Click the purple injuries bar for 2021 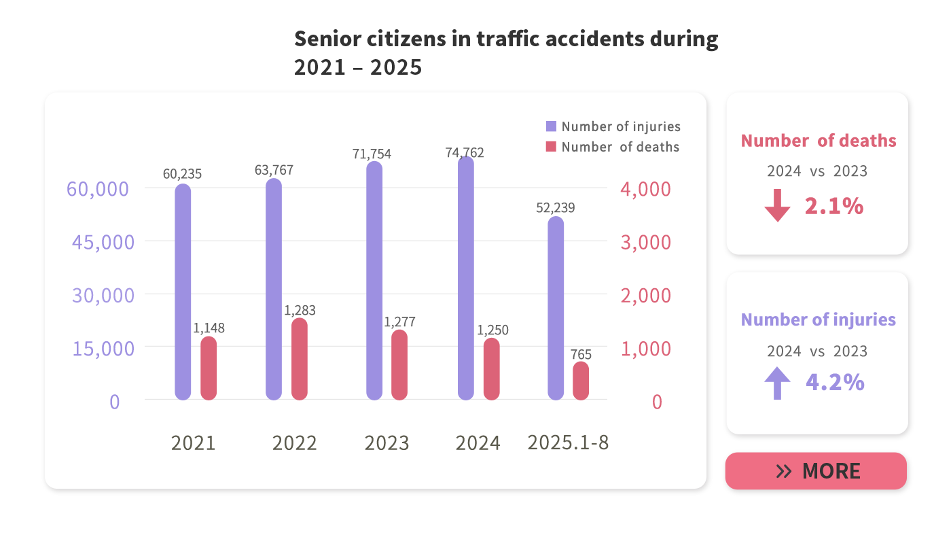[x=183, y=292]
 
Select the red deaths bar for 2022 [x=300, y=359]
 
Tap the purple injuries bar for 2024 [x=465, y=279]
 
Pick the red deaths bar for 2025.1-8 [x=581, y=381]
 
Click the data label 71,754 [x=372, y=154]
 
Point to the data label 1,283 [x=300, y=311]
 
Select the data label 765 [x=581, y=354]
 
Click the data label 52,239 [x=555, y=208]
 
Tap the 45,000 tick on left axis [x=103, y=242]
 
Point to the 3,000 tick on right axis [x=645, y=242]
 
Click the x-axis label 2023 [x=387, y=443]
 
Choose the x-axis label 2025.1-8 [x=568, y=443]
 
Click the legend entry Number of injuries [x=613, y=126]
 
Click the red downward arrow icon [x=777, y=206]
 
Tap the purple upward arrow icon [x=777, y=383]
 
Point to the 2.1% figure [x=833, y=206]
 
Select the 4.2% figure [x=835, y=383]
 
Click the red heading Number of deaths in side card [x=818, y=141]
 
